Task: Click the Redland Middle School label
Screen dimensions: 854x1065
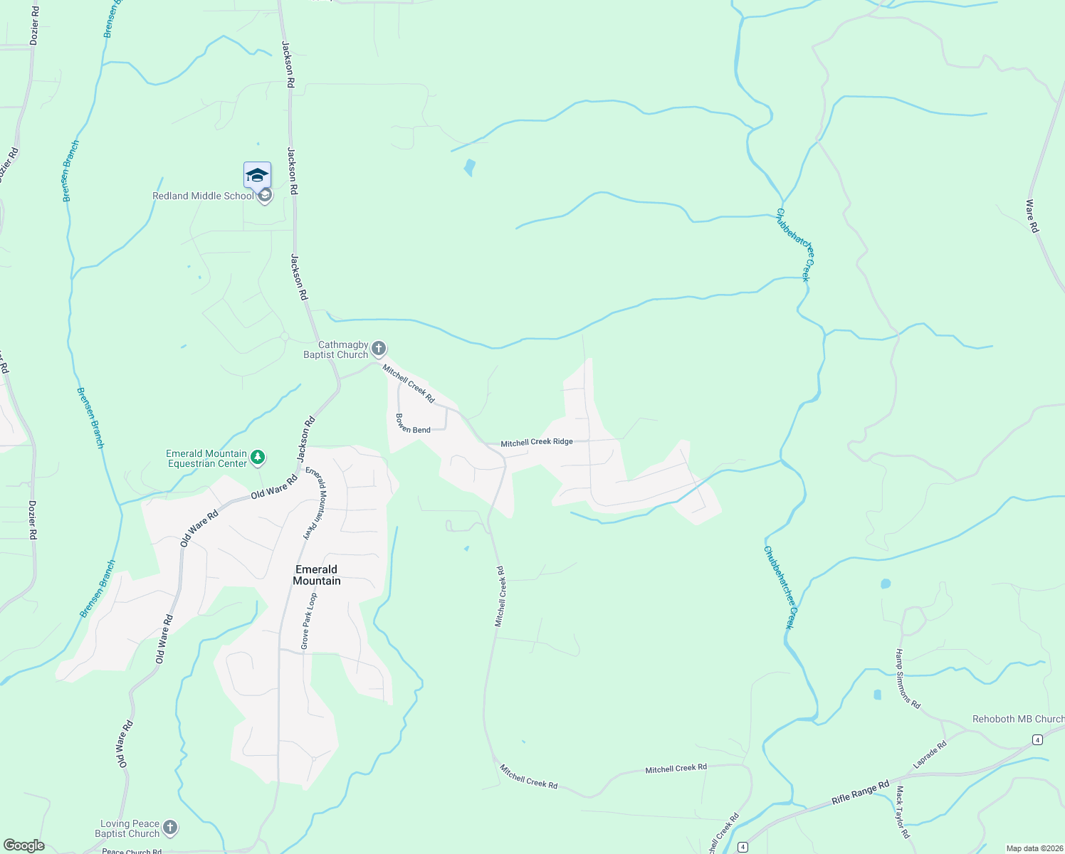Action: [x=203, y=196]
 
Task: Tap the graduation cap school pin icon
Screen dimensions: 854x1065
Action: [x=257, y=175]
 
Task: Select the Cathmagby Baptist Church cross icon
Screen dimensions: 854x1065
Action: [x=379, y=349]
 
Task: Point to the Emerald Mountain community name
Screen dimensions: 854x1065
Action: [x=317, y=575]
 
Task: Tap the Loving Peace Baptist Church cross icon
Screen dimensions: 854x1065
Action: [x=169, y=827]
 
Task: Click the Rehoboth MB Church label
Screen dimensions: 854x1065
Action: [x=1018, y=719]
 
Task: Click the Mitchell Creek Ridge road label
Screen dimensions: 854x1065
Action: [x=537, y=442]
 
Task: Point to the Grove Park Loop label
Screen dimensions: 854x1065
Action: [x=308, y=621]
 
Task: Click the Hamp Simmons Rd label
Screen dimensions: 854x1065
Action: [x=908, y=679]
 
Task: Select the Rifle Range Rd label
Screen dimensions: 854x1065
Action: [x=861, y=793]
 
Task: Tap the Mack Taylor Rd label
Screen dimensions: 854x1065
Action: [x=902, y=812]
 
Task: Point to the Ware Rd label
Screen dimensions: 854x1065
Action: [x=1032, y=216]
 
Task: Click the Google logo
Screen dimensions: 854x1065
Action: [x=24, y=845]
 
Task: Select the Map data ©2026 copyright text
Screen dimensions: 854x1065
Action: [x=1034, y=848]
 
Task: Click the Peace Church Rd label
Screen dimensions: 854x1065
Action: [x=132, y=850]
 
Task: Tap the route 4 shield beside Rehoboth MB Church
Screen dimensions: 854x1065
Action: [x=1038, y=740]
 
